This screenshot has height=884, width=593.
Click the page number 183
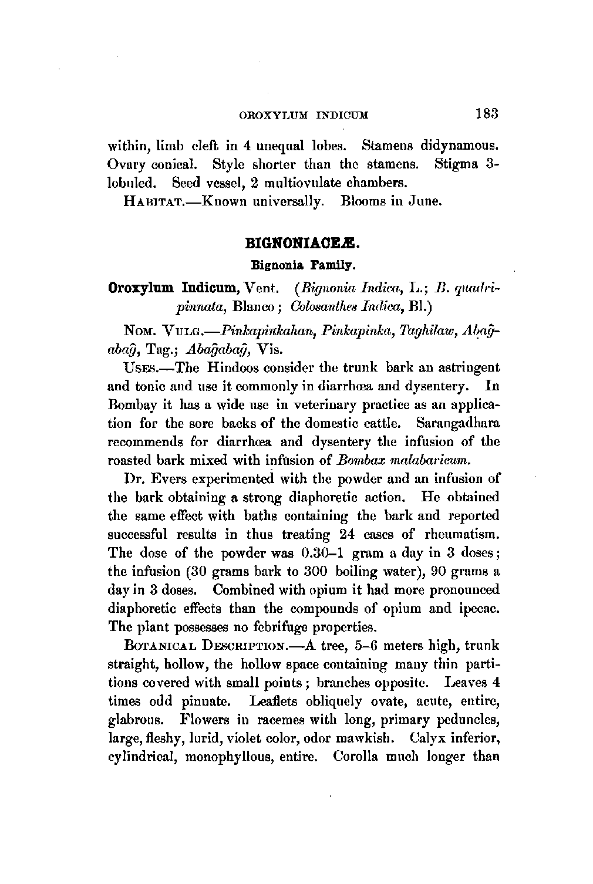(x=487, y=114)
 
